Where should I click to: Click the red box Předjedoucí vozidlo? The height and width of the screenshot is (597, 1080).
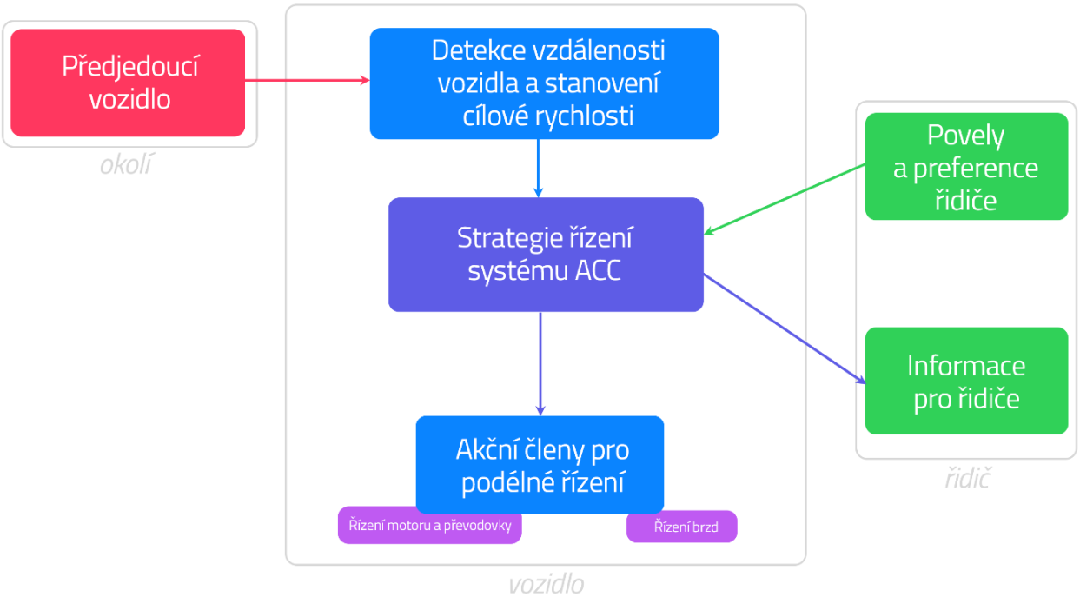click(128, 83)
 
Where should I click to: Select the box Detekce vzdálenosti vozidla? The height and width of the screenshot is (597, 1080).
click(544, 83)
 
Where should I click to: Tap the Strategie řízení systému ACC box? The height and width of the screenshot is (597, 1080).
click(545, 254)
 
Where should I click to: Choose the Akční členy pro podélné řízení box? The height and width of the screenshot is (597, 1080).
click(540, 464)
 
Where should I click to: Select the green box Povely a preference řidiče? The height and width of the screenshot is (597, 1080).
click(965, 167)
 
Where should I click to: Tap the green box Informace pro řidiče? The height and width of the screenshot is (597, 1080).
click(965, 381)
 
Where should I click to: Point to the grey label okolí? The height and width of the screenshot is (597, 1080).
click(125, 164)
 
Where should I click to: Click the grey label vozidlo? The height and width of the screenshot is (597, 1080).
click(546, 584)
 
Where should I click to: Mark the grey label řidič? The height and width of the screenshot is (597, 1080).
click(967, 478)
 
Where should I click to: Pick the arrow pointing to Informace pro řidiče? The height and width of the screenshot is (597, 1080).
click(785, 328)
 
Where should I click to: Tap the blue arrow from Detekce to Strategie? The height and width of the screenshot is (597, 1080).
click(539, 168)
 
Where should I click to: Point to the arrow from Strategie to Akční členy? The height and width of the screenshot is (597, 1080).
click(540, 363)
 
